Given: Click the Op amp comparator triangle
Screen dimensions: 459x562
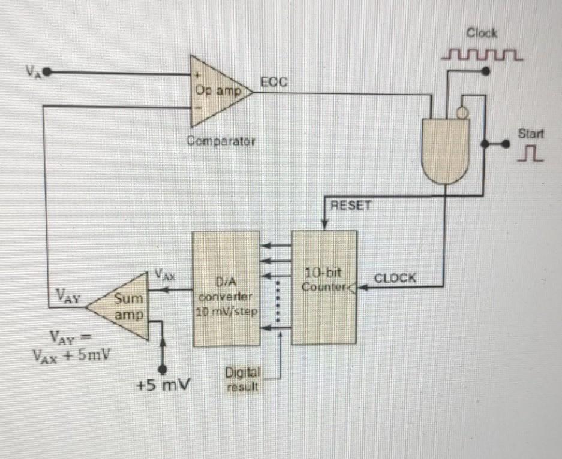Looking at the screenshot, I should click(216, 91).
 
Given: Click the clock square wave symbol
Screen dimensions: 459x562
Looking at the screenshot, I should click(482, 56).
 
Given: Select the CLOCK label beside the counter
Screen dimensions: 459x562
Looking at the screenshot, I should click(395, 278).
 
